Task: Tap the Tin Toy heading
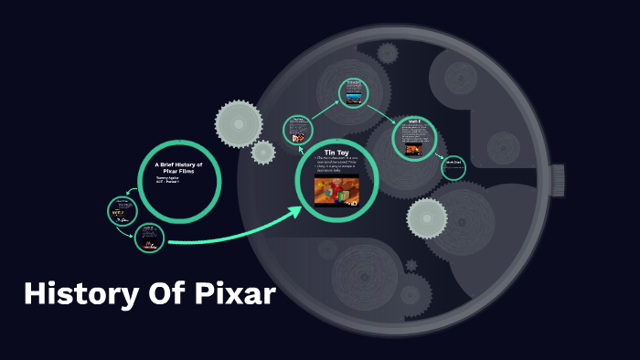(x=336, y=152)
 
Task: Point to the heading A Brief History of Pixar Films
(x=179, y=167)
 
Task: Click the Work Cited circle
(x=453, y=166)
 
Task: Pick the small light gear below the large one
(x=263, y=153)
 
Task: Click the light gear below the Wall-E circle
(x=426, y=217)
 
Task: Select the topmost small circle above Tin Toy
(x=353, y=92)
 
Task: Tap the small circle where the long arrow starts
(x=149, y=238)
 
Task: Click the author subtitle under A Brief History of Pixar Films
(x=167, y=180)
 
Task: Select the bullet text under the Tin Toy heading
(x=336, y=165)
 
